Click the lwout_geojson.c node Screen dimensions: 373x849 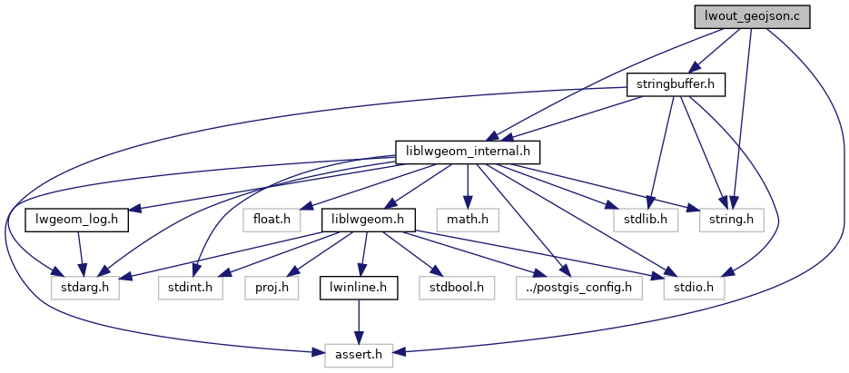751,16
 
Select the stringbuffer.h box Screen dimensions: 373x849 672,84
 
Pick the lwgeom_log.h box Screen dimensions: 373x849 76,220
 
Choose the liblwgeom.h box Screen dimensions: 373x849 368,220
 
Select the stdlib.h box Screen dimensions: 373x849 639,220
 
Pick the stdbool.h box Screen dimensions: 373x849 451,288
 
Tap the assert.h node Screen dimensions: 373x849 358,356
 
